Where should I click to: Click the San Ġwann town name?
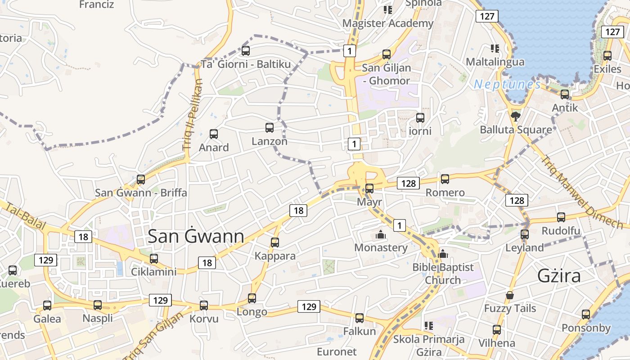(196, 236)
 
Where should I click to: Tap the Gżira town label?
(559, 276)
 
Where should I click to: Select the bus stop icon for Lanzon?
(270, 128)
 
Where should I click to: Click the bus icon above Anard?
(214, 134)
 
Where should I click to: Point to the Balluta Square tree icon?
(516, 117)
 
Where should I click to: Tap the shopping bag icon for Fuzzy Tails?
(510, 296)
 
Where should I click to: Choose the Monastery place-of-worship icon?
(381, 234)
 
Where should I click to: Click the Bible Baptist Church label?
(443, 274)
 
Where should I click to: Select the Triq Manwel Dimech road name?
(580, 191)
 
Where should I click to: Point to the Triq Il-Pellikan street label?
(193, 115)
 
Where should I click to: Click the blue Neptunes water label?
(507, 84)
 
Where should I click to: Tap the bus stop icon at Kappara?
(275, 243)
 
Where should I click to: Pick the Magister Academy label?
(388, 23)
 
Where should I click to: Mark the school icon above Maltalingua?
(495, 49)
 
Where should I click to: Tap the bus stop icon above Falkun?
(359, 318)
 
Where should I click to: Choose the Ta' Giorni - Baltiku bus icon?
(246, 51)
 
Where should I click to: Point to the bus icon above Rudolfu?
(561, 217)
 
